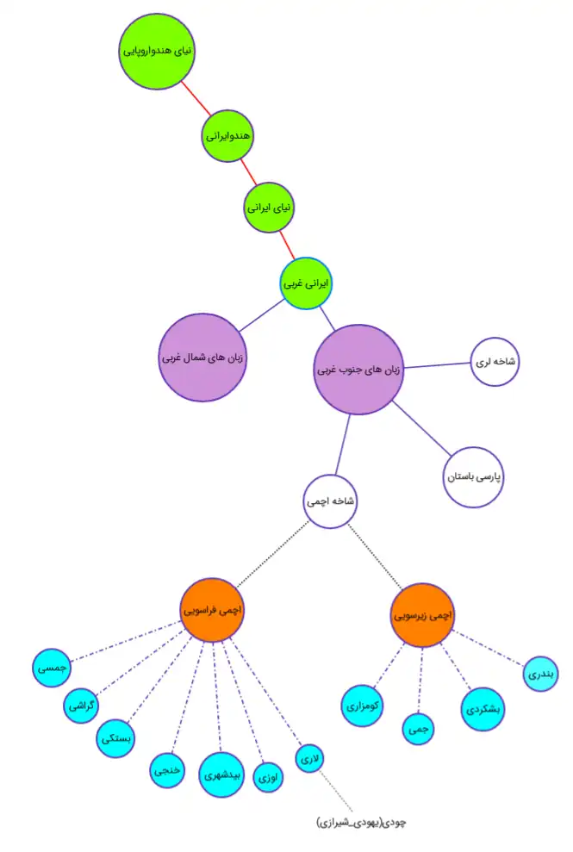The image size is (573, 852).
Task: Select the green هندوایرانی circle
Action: (x=228, y=135)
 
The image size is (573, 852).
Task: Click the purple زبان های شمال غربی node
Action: (x=203, y=357)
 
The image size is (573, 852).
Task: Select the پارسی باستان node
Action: (x=473, y=476)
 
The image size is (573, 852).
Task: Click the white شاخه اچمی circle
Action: (x=330, y=501)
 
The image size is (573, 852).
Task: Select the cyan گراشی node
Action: (x=84, y=707)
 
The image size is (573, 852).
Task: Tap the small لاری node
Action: (x=308, y=758)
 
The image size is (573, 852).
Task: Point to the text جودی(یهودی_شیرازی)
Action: (x=360, y=822)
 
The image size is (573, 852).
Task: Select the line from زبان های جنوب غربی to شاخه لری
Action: (x=436, y=365)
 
